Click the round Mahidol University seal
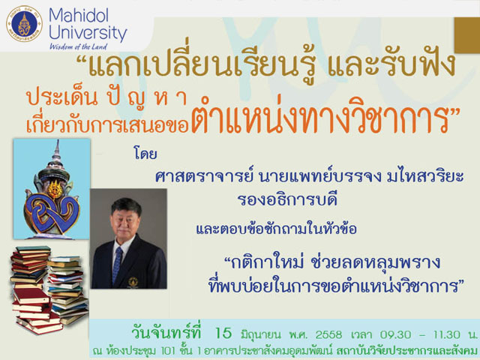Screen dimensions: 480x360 pos(24,24)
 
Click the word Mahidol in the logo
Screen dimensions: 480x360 pos(79,15)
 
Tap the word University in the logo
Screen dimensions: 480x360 pos(88,33)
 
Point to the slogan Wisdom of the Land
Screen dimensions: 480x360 pos(78,46)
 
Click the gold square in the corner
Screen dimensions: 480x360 pos(466,35)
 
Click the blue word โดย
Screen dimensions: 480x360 pos(145,153)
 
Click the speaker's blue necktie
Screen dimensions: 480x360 pos(117,265)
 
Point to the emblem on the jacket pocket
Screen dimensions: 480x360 pos(133,281)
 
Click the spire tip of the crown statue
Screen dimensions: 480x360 pos(57,142)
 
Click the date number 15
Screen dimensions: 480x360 pos(223,333)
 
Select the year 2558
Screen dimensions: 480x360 pos(328,334)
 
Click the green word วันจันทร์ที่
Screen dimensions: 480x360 pos(166,333)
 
